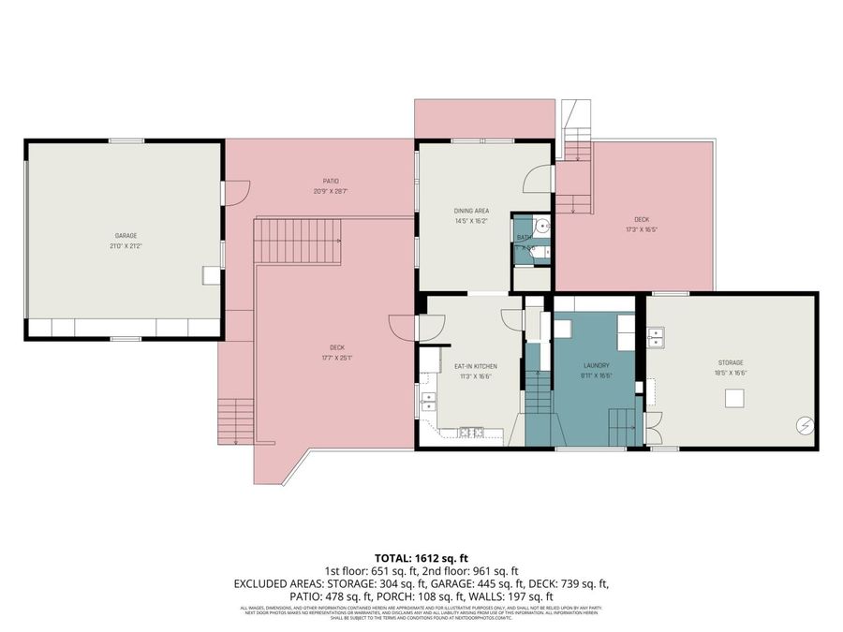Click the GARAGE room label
[x=126, y=235]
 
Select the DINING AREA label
[x=472, y=211]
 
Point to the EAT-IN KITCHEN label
[x=475, y=365]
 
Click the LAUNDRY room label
[x=596, y=365]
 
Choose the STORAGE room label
[x=732, y=362]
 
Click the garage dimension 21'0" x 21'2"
[x=126, y=245]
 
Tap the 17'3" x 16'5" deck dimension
[x=641, y=229]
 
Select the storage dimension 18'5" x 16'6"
[x=732, y=373]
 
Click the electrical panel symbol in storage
[x=803, y=425]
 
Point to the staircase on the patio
[x=297, y=241]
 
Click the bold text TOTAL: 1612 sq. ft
[x=421, y=557]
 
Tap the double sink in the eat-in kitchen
[x=430, y=402]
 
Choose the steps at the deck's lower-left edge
[x=235, y=420]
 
